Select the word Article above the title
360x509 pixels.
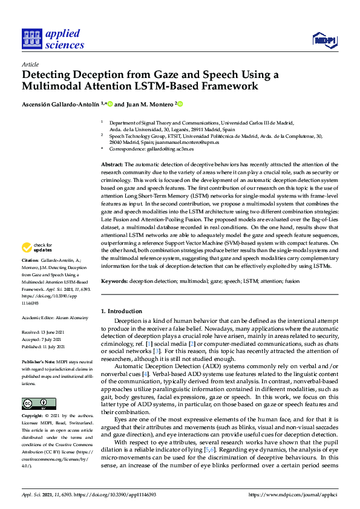pos(30,63)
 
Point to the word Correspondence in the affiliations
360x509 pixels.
pos(126,148)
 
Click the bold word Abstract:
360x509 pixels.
pos(112,164)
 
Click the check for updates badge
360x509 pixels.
pos(36,247)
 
